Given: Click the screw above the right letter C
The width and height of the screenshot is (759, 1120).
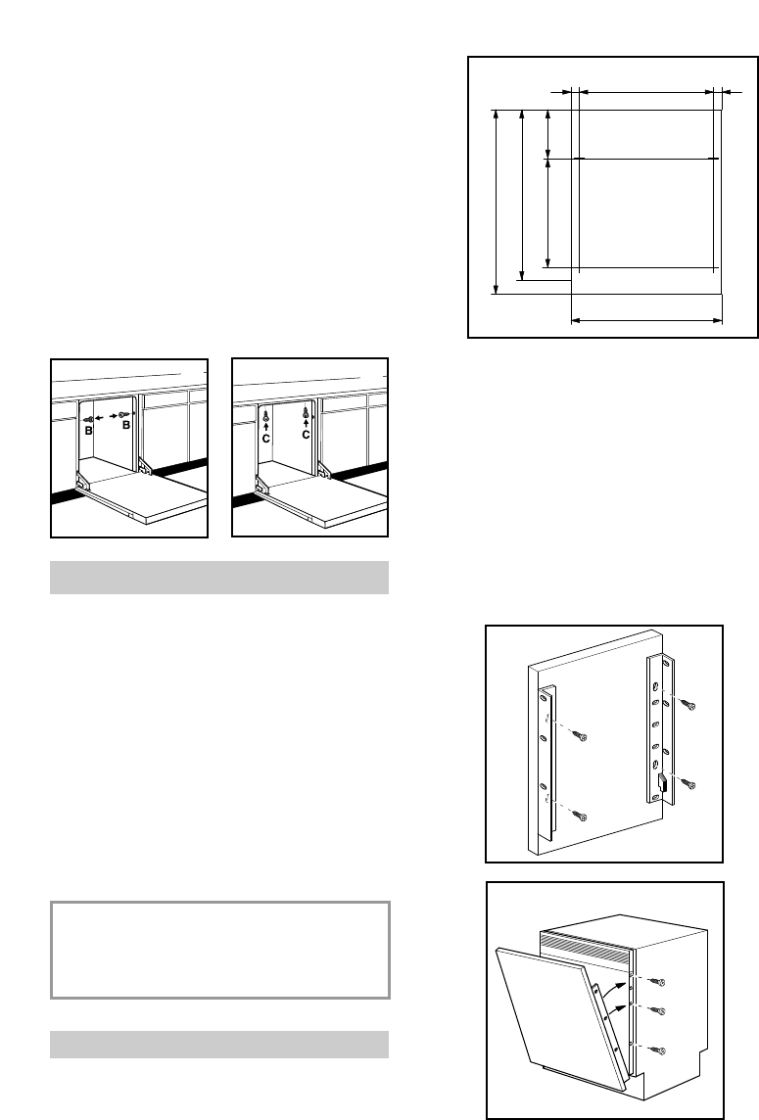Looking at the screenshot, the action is click(x=306, y=414).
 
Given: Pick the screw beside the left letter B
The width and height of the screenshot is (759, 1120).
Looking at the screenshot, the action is click(x=89, y=416).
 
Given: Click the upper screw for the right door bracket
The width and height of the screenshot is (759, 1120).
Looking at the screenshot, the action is click(x=690, y=705).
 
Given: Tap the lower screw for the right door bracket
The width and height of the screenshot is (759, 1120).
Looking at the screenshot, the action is click(x=689, y=785).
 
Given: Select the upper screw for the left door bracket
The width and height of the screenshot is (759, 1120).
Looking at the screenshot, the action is click(x=581, y=736).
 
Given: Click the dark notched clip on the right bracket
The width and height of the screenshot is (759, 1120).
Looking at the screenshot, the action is click(x=663, y=782).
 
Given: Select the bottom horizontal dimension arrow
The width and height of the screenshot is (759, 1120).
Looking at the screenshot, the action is click(x=645, y=319).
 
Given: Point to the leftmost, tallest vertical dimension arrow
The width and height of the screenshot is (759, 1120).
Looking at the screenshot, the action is click(x=498, y=202).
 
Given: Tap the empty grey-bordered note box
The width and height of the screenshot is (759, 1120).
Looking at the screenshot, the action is click(x=220, y=950).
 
